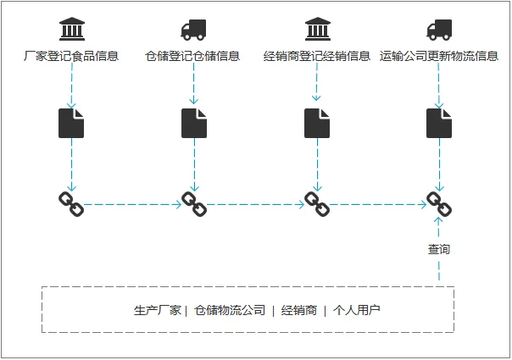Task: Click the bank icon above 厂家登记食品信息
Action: tap(71, 30)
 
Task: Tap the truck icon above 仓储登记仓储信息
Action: tap(193, 30)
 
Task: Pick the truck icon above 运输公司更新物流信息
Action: tap(439, 30)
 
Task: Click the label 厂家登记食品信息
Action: tap(71, 57)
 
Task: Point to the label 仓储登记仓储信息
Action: tap(193, 57)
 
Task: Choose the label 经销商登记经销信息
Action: tap(317, 57)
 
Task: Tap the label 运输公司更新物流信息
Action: tap(439, 57)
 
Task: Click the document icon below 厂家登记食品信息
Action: tap(71, 124)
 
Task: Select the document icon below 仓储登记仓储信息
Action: tap(194, 124)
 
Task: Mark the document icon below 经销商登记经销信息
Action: tap(317, 124)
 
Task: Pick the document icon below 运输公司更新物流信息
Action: tap(439, 124)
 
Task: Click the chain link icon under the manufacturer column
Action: tap(71, 203)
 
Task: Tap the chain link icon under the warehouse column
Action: tap(194, 203)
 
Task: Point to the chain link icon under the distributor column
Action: tap(316, 203)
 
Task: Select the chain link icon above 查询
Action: tap(439, 203)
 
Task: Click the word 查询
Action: tap(439, 250)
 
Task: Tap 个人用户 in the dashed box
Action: tap(357, 310)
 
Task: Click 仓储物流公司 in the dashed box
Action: tap(230, 310)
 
